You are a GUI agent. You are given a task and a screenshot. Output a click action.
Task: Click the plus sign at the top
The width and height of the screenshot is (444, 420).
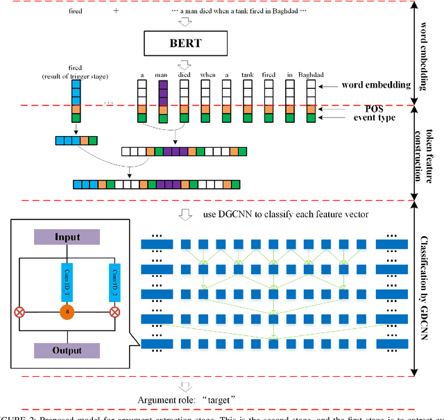(116, 12)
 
